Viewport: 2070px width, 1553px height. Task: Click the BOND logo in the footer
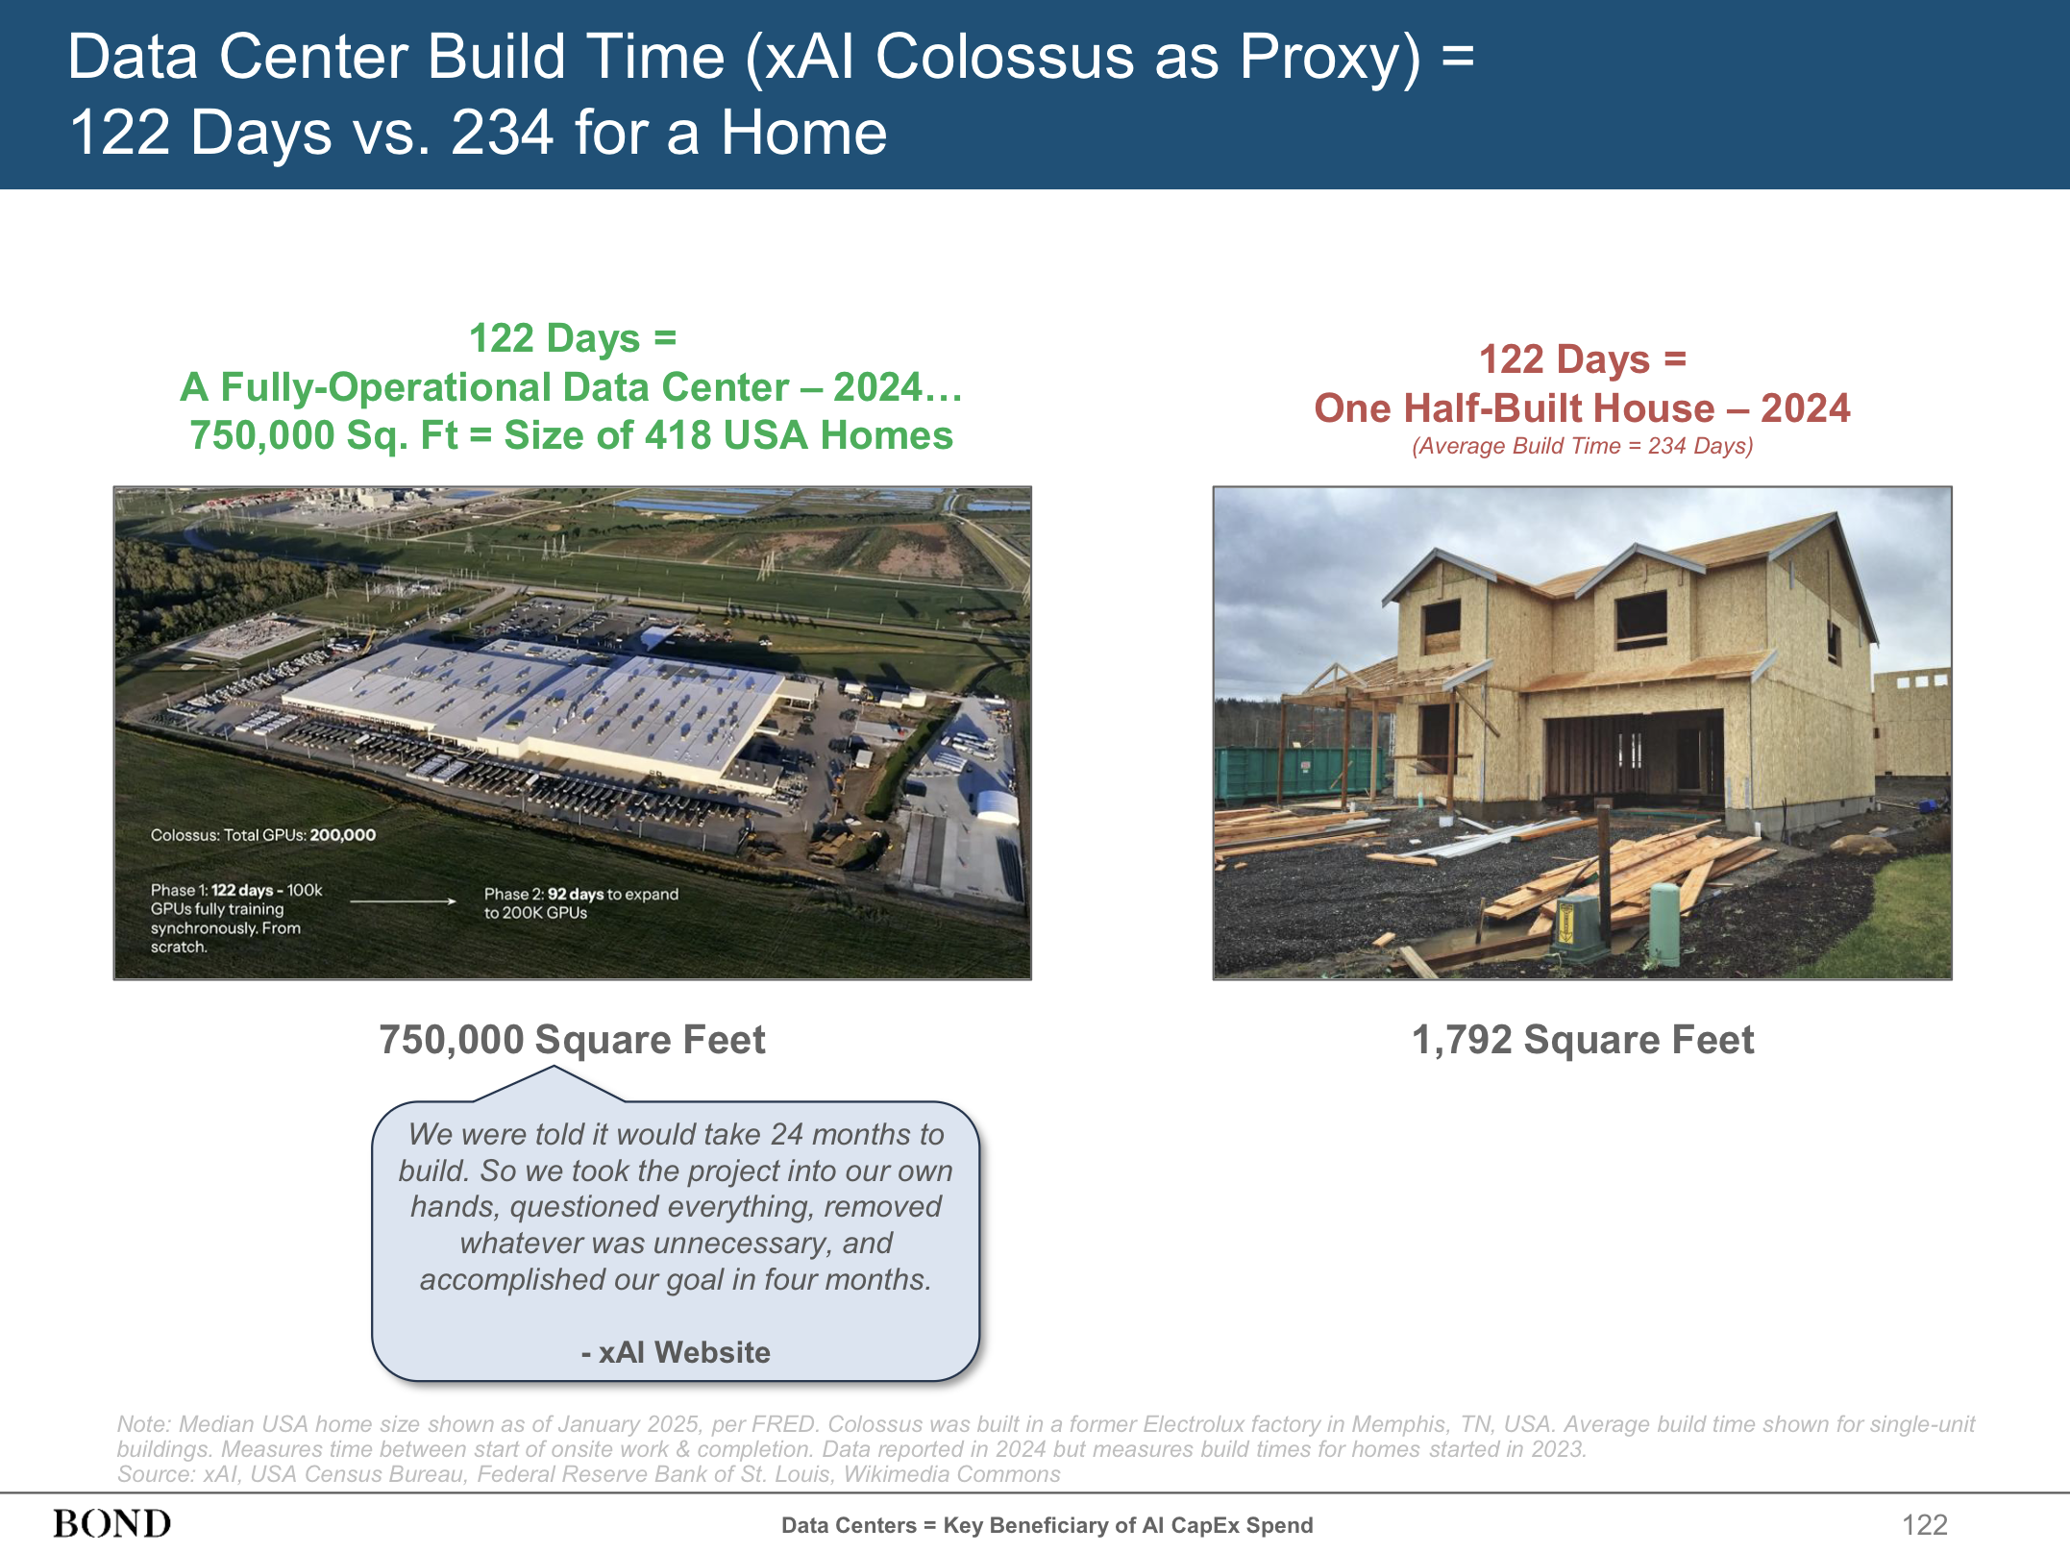coord(112,1523)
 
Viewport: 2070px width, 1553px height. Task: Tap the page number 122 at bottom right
coord(1924,1524)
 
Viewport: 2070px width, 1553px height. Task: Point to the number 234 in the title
coord(502,132)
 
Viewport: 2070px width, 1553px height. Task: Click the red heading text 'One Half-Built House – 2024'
coord(1582,408)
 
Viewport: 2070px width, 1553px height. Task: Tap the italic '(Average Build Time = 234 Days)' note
coord(1582,446)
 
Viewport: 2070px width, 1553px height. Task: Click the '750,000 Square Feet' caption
coord(572,1040)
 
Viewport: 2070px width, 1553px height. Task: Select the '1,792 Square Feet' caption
coord(1582,1040)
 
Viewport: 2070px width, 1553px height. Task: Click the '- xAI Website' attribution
coord(676,1352)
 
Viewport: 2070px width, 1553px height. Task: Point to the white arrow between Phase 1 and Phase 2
coord(403,901)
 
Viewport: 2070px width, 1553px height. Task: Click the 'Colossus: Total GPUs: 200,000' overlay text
coord(263,835)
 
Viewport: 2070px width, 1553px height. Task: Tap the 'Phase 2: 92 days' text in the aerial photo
coord(544,894)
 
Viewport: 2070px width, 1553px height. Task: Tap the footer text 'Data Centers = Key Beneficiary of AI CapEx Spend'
coord(1047,1525)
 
